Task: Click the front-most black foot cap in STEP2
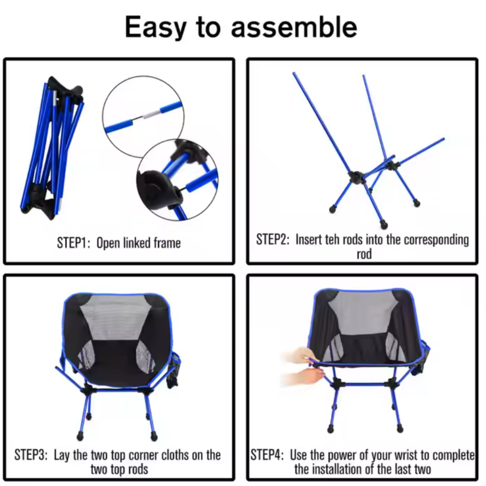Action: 384,225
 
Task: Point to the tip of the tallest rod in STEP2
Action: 294,74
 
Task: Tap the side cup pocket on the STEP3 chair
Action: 175,365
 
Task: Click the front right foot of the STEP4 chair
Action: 400,429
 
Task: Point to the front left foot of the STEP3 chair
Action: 80,436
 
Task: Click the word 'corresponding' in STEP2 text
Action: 436,240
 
